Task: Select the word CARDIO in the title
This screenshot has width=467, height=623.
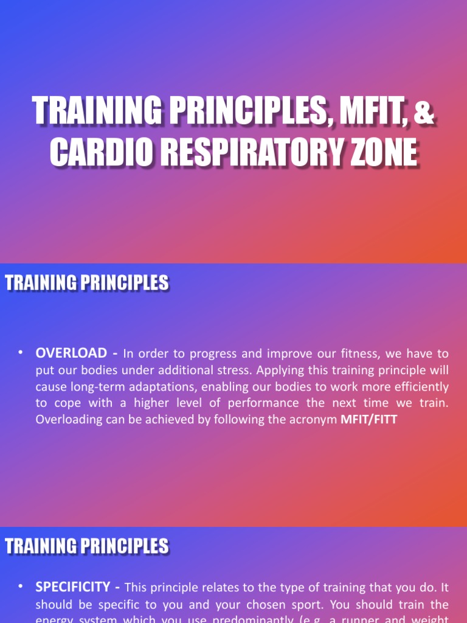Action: (94, 152)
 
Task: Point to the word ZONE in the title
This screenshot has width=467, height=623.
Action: (382, 152)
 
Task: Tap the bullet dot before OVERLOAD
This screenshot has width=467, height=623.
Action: (21, 352)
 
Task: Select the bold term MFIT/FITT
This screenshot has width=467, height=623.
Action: (368, 419)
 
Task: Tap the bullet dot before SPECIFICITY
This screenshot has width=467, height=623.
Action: (21, 586)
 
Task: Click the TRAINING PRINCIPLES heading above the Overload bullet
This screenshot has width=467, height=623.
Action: (87, 283)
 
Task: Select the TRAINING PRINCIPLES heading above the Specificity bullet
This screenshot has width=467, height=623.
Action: (87, 546)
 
